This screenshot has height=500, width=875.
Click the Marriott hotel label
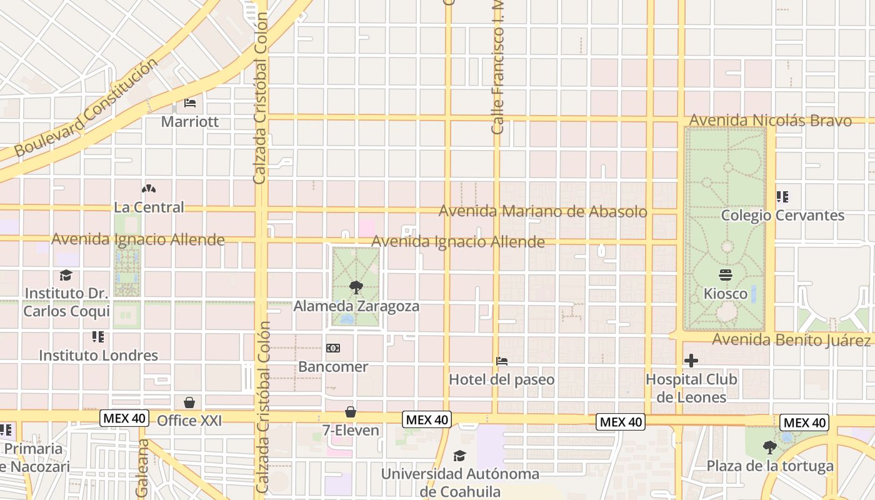click(190, 121)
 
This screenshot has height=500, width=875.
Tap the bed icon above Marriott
click(190, 102)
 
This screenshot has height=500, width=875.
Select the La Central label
click(149, 207)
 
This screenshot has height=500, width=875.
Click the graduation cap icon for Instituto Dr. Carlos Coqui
click(66, 275)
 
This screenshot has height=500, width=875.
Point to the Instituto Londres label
click(99, 355)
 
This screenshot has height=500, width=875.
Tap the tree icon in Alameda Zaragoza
click(356, 287)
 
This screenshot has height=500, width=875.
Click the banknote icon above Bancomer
click(333, 348)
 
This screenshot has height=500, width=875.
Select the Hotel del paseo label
click(501, 379)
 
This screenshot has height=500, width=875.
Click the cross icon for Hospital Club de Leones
click(691, 361)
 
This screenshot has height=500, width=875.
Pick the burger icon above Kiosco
click(726, 274)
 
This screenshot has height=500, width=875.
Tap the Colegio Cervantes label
click(782, 216)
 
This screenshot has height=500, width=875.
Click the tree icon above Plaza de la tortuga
click(770, 447)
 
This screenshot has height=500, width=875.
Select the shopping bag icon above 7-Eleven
click(350, 412)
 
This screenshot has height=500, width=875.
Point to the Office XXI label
click(189, 421)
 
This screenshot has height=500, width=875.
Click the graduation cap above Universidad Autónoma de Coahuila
click(460, 456)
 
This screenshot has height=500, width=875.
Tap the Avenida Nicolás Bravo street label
click(770, 121)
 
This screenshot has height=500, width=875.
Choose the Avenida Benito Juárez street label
click(791, 340)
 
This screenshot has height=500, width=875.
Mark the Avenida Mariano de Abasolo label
click(542, 211)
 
